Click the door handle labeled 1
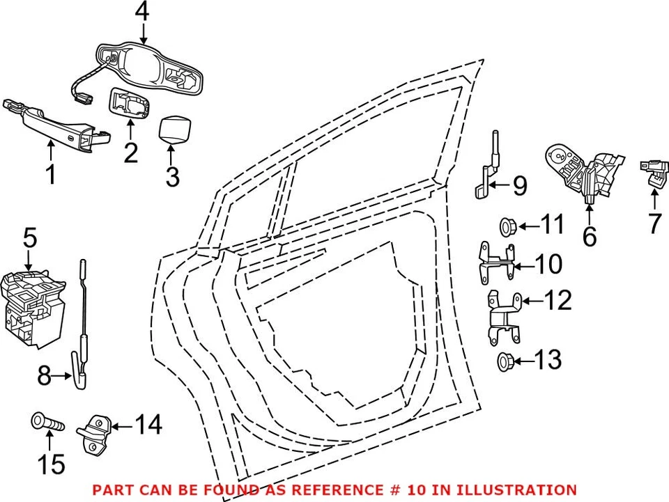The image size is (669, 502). pos(56,120)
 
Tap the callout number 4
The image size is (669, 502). pos(142,12)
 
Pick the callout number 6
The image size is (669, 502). pos(590,237)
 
